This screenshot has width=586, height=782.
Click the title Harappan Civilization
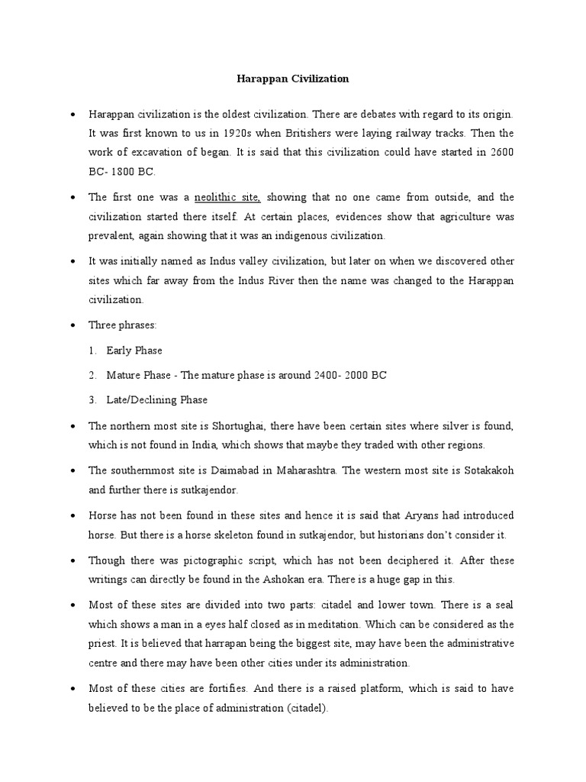tap(292, 78)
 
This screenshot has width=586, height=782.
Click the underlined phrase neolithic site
tap(228, 198)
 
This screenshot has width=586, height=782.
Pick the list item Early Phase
tap(134, 351)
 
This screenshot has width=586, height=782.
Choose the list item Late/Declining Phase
tap(156, 400)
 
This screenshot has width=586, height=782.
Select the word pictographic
tap(200, 560)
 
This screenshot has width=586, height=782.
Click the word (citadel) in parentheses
tap(305, 709)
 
